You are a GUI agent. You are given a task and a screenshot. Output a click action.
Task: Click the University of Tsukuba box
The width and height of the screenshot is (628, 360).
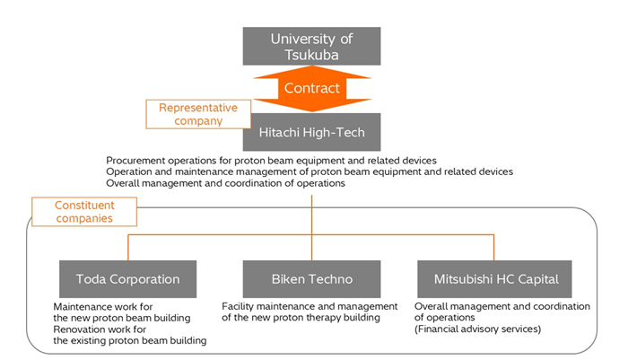click(x=312, y=46)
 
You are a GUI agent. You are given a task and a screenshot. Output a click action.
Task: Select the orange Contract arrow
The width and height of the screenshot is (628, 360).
click(x=312, y=88)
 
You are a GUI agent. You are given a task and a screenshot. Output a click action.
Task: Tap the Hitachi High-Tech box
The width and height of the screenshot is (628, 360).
click(x=312, y=132)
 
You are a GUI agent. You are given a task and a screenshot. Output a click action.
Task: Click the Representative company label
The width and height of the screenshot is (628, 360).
click(x=197, y=113)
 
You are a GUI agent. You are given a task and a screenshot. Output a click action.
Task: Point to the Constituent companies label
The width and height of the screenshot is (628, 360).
click(x=84, y=211)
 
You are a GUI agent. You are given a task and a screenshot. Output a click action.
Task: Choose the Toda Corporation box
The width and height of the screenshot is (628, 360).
click(x=128, y=278)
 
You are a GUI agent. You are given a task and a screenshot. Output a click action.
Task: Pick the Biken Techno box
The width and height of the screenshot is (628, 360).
click(x=312, y=278)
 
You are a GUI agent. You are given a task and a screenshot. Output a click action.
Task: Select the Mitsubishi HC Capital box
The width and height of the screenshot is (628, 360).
click(x=495, y=278)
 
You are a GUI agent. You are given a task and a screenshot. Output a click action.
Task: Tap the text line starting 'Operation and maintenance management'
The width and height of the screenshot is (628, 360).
click(x=309, y=171)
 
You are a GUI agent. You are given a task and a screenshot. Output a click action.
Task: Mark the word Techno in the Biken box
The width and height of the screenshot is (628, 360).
click(x=331, y=278)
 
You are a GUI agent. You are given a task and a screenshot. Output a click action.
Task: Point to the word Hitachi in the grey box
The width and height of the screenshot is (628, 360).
click(x=283, y=132)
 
